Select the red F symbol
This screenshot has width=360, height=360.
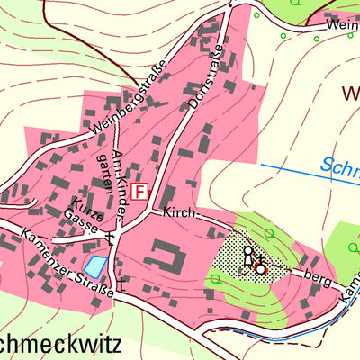(x=139, y=192)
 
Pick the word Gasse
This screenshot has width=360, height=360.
(x=81, y=223)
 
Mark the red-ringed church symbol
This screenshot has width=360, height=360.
(x=260, y=268)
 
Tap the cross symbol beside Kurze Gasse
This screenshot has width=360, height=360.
(x=110, y=238)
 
